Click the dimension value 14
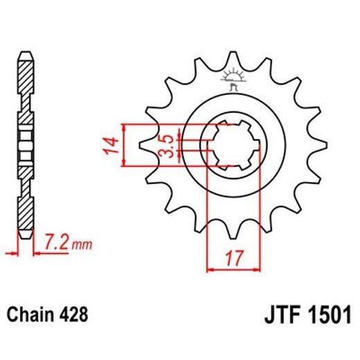111,145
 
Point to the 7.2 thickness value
56,244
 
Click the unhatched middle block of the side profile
25,145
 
